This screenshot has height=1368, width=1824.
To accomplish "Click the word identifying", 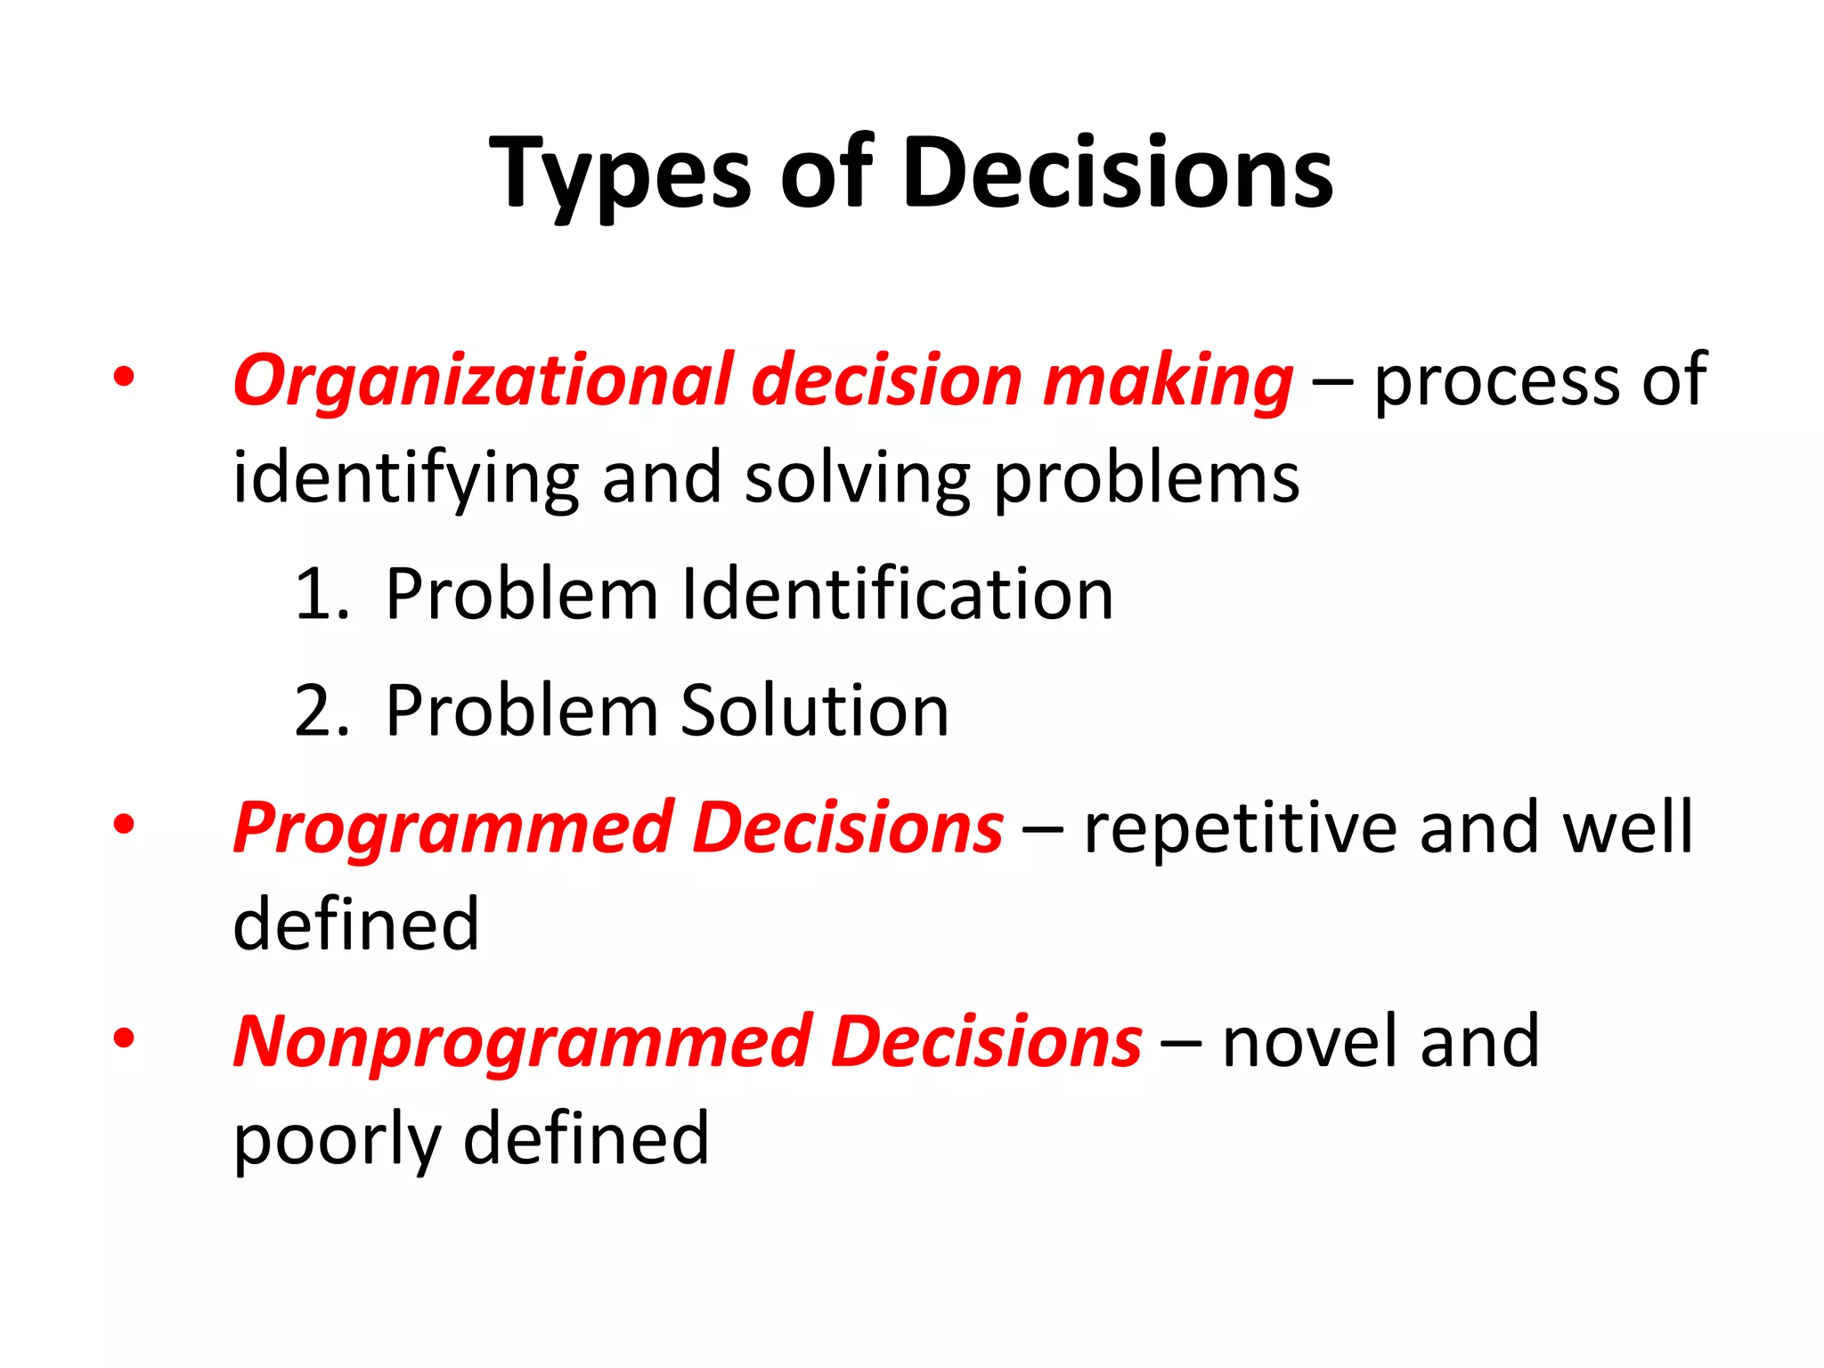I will pyautogui.click(x=406, y=479).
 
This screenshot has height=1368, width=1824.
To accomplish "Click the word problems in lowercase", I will pyautogui.click(x=1146, y=479).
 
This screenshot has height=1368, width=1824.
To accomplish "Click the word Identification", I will pyautogui.click(x=897, y=594).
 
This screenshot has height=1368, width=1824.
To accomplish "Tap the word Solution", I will pyautogui.click(x=815, y=711).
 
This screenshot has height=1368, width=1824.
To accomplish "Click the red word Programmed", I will pyautogui.click(x=453, y=828).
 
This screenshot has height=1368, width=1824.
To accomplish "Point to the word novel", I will pyautogui.click(x=1310, y=1042).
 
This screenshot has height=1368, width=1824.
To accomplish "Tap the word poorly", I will pyautogui.click(x=338, y=1140).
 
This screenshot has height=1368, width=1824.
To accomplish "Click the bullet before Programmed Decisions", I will pyautogui.click(x=124, y=824).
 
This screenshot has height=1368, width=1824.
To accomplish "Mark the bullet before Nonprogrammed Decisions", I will pyautogui.click(x=124, y=1038).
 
